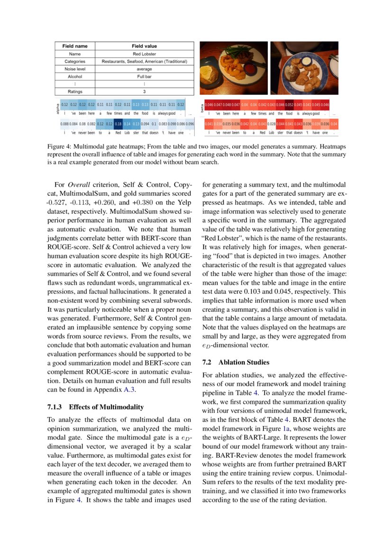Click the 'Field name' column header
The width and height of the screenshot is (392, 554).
(x=75, y=46)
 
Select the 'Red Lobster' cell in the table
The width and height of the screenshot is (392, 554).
(x=144, y=54)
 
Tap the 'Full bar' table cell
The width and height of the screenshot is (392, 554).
(x=144, y=76)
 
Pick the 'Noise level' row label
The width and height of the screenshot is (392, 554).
(x=75, y=69)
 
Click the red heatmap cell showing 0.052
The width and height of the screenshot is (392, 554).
(x=289, y=104)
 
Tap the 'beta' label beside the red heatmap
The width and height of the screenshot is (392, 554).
(x=202, y=108)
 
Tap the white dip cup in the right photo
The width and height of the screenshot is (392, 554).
(x=306, y=60)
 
